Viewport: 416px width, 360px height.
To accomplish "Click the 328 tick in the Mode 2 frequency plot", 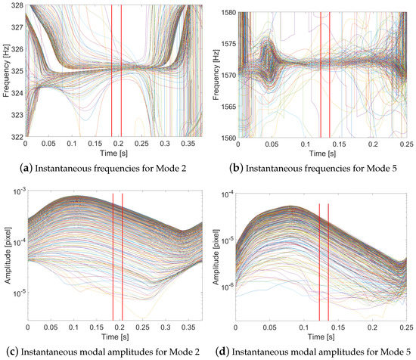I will (16, 6).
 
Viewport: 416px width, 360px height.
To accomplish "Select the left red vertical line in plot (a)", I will (112, 71).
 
